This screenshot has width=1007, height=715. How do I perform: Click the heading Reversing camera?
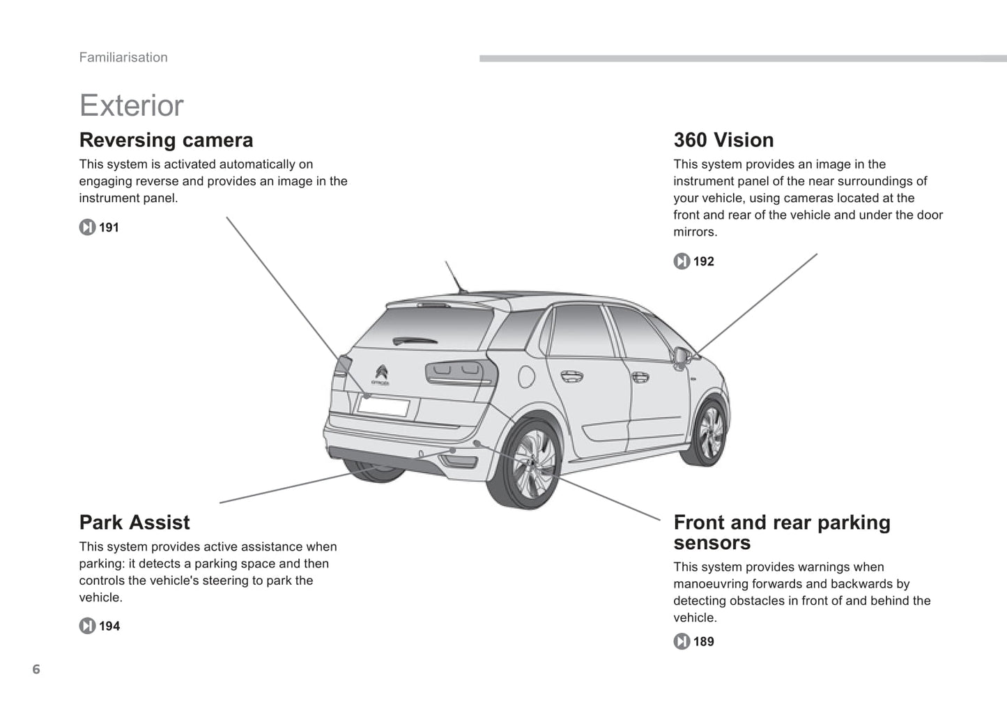pyautogui.click(x=166, y=140)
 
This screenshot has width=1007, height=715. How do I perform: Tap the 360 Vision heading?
pyautogui.click(x=723, y=140)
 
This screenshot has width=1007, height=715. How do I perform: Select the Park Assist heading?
pyautogui.click(x=134, y=523)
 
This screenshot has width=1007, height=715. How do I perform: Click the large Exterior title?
pyautogui.click(x=131, y=106)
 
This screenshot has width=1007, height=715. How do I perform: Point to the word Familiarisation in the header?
pyautogui.click(x=123, y=58)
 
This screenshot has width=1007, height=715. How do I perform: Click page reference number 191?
pyautogui.click(x=109, y=228)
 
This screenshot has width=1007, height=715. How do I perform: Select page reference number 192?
pyautogui.click(x=704, y=261)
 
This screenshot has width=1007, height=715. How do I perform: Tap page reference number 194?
pyautogui.click(x=109, y=626)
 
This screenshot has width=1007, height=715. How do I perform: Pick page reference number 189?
pyautogui.click(x=704, y=641)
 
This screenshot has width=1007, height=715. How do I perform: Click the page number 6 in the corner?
pyautogui.click(x=36, y=670)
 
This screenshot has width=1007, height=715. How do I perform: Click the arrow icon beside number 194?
pyautogui.click(x=87, y=626)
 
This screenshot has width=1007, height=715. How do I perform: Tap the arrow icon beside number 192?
pyautogui.click(x=682, y=261)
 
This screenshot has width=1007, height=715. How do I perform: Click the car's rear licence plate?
pyautogui.click(x=383, y=406)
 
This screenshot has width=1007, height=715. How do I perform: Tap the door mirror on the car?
pyautogui.click(x=683, y=357)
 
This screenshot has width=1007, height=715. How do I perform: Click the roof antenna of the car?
pyautogui.click(x=455, y=277)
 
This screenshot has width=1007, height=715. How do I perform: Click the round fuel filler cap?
pyautogui.click(x=526, y=376)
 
